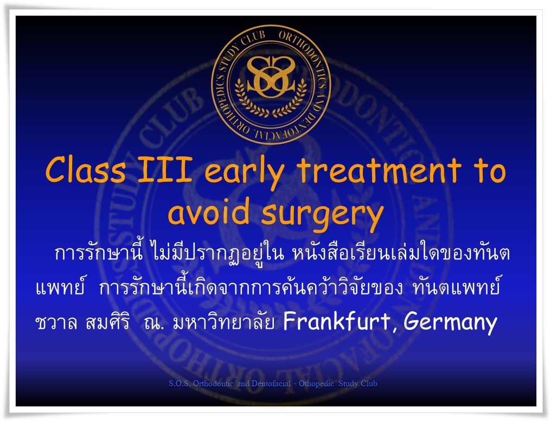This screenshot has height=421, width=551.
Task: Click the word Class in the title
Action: pos(85,170)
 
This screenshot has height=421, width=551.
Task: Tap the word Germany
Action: pos(451,323)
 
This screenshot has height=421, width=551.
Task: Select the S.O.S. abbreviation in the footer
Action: pos(180,384)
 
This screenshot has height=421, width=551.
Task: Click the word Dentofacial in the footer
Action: pos(271,384)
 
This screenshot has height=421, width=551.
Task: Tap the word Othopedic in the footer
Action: pos(316,384)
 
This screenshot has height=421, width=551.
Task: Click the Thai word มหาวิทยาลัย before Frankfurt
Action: pos(223,321)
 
